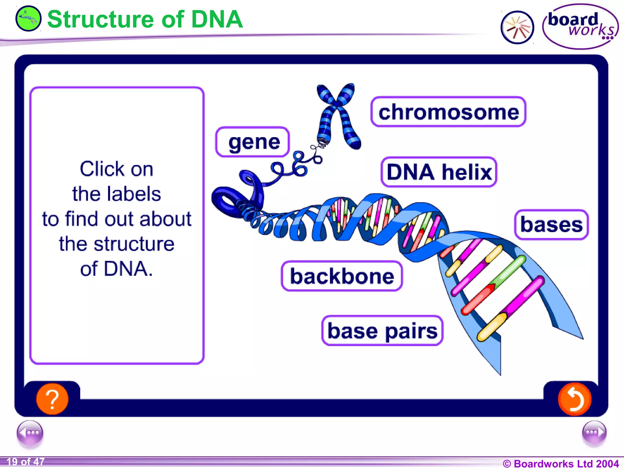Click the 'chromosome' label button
448,112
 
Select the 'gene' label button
253,142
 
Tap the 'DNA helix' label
439,172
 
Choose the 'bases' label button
551,225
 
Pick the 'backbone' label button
342,276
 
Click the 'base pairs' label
382,331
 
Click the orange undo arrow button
574,399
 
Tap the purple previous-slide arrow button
30,433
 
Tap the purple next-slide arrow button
594,433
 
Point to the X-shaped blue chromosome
338,116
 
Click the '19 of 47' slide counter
26,462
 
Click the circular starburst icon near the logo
517,27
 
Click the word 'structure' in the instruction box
134,244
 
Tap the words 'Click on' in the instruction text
116,169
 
